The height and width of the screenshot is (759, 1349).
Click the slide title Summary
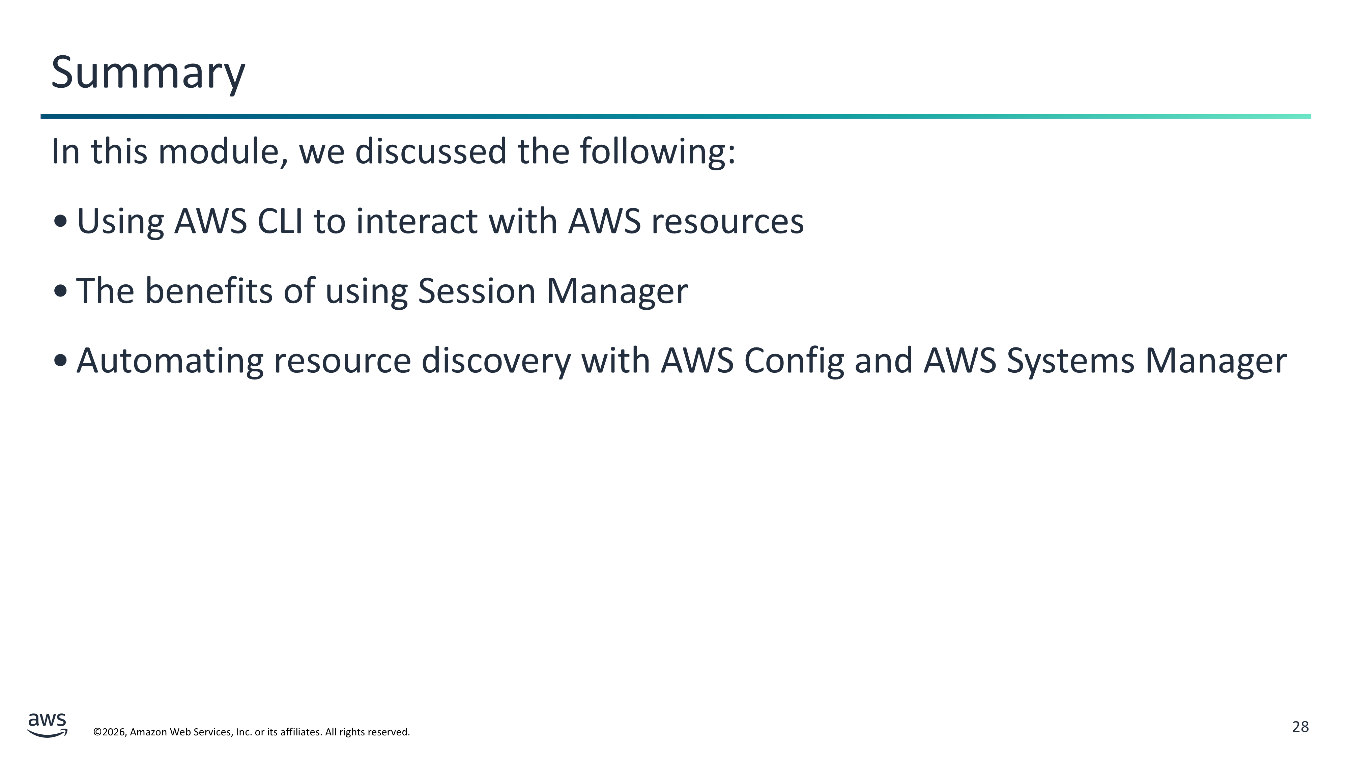148,73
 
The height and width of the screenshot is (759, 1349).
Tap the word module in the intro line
223,152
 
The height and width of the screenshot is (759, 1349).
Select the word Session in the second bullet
477,291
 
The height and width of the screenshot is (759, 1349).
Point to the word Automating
170,361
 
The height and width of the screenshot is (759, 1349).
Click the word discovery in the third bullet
496,361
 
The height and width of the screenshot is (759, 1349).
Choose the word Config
794,361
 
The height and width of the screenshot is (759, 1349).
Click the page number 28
1301,727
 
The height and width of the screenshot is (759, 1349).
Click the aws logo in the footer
47,725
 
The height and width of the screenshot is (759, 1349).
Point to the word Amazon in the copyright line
148,732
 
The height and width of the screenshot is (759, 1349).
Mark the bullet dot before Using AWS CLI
61,221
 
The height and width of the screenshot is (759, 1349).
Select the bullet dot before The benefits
61,291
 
